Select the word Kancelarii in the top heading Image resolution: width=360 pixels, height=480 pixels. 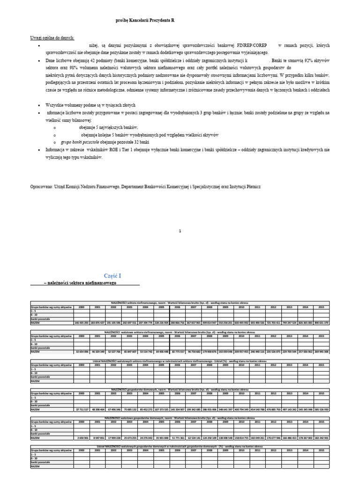pyautogui.click(x=146, y=21)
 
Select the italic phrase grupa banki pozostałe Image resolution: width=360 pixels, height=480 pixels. pyautogui.click(x=80, y=142)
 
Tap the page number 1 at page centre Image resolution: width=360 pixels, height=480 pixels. pyautogui.click(x=180, y=231)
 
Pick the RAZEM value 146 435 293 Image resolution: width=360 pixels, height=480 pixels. pyautogui.click(x=82, y=323)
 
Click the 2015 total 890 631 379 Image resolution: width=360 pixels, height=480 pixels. pyautogui.click(x=321, y=323)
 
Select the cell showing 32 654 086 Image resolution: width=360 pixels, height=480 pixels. pyautogui.click(x=82, y=352)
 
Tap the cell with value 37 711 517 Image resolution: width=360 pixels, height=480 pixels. pyautogui.click(x=82, y=409)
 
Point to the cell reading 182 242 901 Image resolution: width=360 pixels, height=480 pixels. pyautogui.click(x=321, y=438)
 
